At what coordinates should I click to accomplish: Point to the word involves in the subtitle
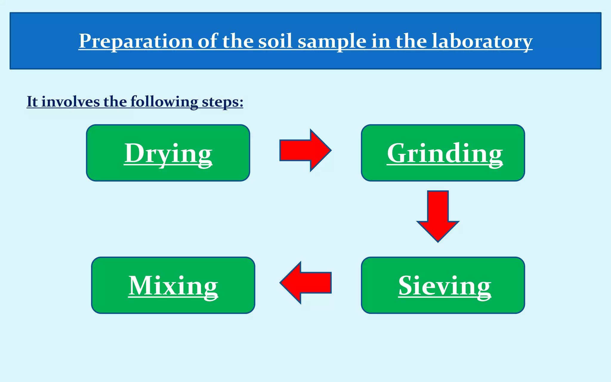(x=70, y=102)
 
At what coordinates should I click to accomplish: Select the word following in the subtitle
(x=164, y=102)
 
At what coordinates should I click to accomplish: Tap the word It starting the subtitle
(x=32, y=102)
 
